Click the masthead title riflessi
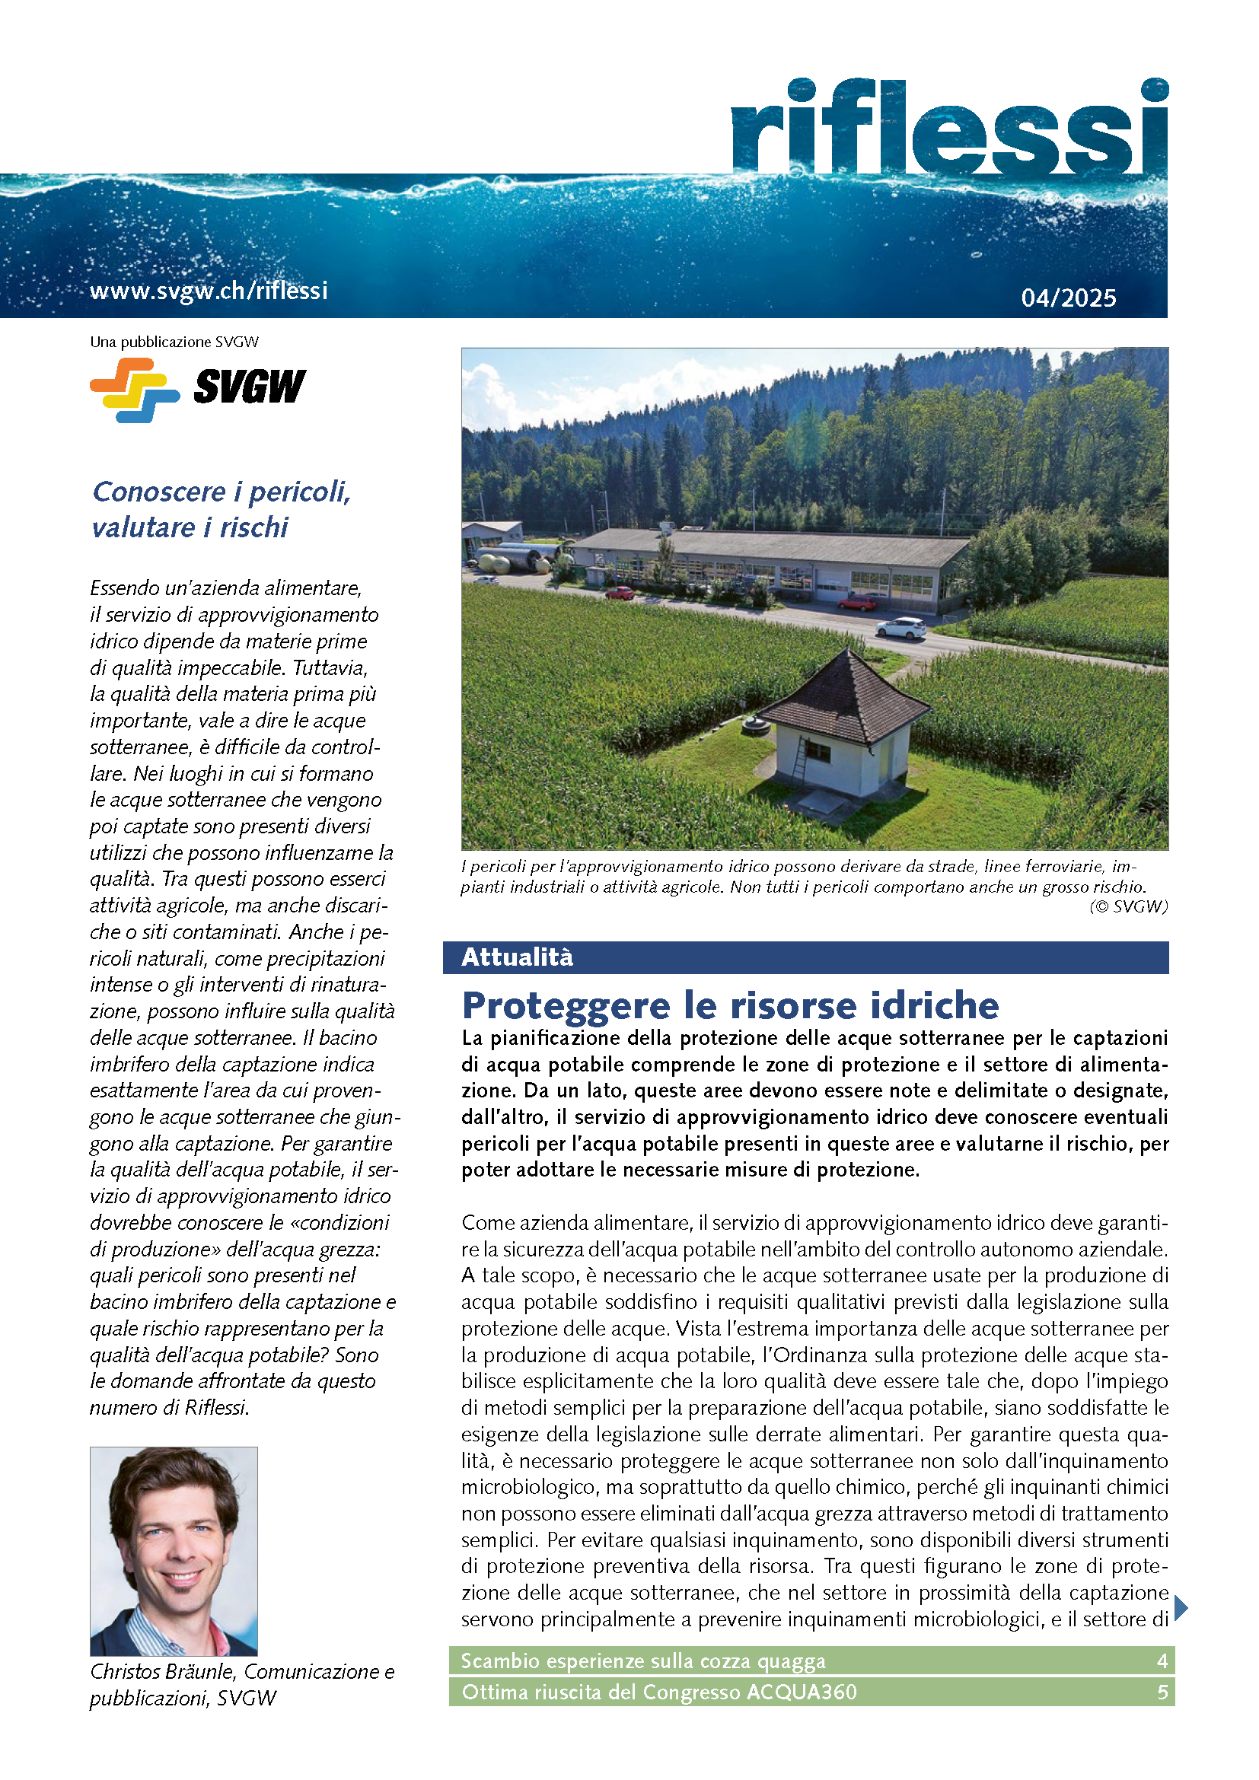tap(949, 128)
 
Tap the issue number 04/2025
tap(1068, 298)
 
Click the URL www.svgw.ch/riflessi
tap(209, 291)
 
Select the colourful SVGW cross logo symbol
tap(134, 389)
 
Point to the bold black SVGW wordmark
tap(250, 387)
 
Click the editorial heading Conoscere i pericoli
tap(222, 492)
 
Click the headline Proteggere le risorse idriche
tap(729, 1005)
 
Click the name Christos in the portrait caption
tap(127, 1671)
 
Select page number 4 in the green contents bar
tap(1162, 1661)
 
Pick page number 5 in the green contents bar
tap(1162, 1692)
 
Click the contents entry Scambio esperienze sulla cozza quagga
tap(642, 1661)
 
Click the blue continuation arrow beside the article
tap(1181, 1608)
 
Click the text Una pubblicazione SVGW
tap(174, 342)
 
